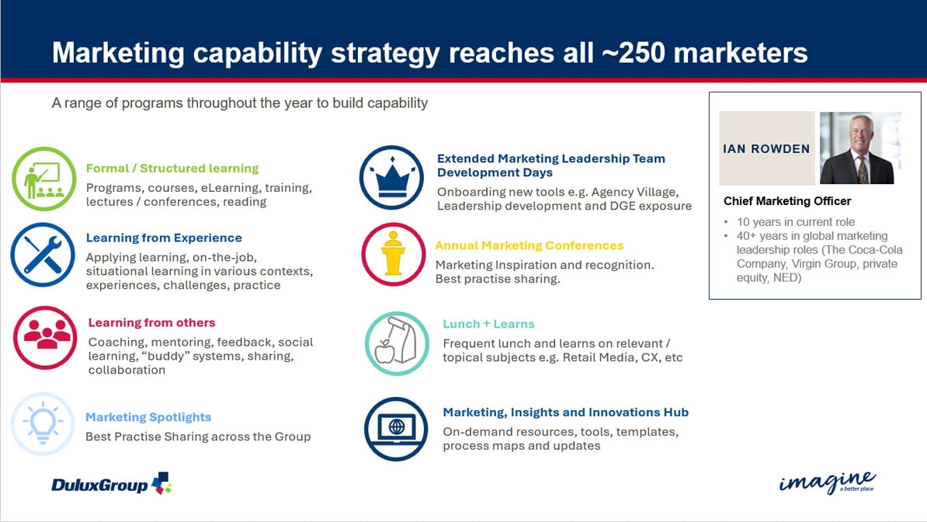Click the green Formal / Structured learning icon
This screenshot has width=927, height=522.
tap(44, 179)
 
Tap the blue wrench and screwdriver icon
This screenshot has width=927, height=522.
tap(43, 255)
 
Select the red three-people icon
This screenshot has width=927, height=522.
tap(45, 337)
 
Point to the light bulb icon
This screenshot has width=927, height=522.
tap(43, 424)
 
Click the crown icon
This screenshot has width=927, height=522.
tap(391, 178)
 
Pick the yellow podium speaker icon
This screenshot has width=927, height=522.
tap(393, 255)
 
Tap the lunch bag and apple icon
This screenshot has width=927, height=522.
tap(397, 343)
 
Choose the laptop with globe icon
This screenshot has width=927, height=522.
tap(396, 429)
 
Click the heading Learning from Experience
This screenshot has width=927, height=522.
tap(164, 238)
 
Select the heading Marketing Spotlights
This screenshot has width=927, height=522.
tap(148, 417)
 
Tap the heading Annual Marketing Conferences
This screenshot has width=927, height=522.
tap(529, 245)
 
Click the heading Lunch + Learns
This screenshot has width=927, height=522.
tap(488, 325)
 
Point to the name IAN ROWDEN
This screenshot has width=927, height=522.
tap(766, 149)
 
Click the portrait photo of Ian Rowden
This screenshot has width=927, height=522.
tap(860, 148)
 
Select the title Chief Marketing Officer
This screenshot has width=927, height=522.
tap(787, 201)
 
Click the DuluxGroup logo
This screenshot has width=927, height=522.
tap(112, 483)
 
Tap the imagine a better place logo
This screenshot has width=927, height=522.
tap(828, 482)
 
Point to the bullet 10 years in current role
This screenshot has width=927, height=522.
tap(796, 222)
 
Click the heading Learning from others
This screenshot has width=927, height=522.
tap(152, 322)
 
